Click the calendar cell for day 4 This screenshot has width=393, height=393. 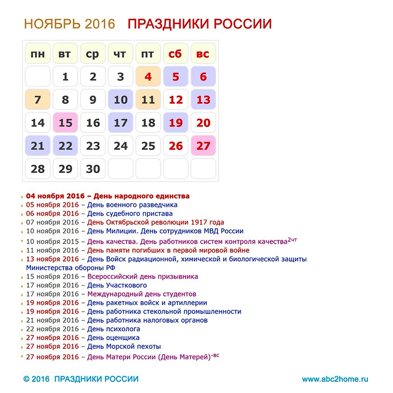[148, 77]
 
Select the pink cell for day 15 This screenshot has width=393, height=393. [65, 123]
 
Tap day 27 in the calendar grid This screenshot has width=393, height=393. [203, 146]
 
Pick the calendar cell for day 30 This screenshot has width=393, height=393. [93, 169]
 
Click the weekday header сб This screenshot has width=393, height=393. [175, 54]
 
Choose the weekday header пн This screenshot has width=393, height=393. [37, 54]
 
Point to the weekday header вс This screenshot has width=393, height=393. [203, 54]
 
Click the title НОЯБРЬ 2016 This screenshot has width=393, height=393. [69, 24]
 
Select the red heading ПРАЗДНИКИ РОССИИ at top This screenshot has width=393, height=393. [200, 24]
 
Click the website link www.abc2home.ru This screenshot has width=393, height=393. [335, 379]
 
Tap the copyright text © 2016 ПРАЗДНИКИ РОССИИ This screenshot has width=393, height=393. [81, 379]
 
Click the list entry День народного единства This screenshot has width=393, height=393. [141, 196]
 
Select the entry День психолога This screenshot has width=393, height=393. [114, 329]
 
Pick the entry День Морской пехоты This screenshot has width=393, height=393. [124, 346]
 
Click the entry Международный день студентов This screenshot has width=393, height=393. [142, 294]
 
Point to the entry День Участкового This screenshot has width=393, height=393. [117, 286]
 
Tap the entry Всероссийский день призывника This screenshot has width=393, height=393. [143, 277]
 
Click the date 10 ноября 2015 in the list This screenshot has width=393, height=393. [52, 242]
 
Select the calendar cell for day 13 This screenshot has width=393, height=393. [203, 100]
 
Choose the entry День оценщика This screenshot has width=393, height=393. [113, 338]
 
